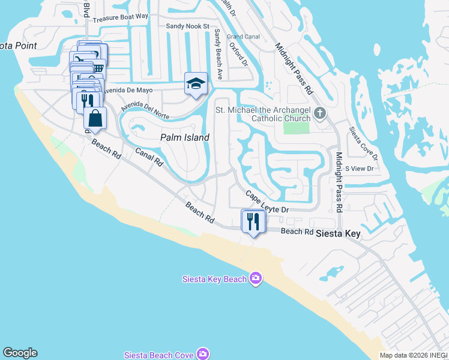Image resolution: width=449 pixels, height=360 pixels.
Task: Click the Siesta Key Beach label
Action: (214, 278)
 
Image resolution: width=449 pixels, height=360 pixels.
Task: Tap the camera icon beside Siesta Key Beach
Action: (256, 278)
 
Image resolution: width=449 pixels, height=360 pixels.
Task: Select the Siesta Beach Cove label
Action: (158, 355)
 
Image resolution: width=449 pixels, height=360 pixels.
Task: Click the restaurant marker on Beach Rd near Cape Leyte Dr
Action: (253, 222)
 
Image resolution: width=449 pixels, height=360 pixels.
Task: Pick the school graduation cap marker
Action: (196, 85)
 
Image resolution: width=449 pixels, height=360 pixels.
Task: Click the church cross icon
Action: (321, 113)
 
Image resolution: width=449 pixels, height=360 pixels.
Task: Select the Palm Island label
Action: (185, 137)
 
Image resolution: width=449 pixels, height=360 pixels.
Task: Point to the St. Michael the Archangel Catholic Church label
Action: (263, 114)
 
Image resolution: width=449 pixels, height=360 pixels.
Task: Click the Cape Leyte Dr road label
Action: (267, 202)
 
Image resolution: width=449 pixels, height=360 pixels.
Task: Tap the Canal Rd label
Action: (149, 157)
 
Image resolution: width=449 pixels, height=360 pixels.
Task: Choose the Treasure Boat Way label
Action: (121, 16)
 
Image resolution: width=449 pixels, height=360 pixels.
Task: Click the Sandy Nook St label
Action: (187, 26)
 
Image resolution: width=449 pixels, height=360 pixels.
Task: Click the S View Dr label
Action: (360, 169)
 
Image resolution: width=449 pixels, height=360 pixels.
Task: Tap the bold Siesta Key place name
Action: (338, 233)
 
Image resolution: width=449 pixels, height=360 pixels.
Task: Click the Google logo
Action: (20, 353)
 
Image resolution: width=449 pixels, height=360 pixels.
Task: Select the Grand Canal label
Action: (243, 37)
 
